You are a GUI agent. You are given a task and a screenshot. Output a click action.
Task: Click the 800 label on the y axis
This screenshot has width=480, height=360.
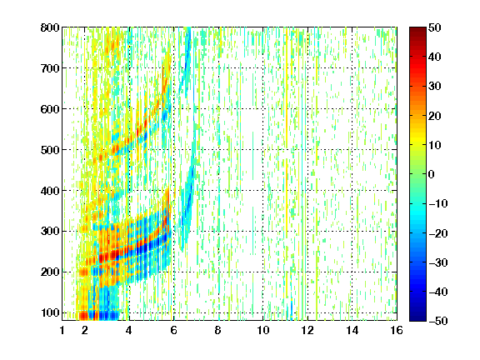(x=50, y=27)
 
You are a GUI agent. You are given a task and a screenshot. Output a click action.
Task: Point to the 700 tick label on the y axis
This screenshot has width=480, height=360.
(x=50, y=68)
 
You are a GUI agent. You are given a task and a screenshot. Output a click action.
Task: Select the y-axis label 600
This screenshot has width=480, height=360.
(x=50, y=109)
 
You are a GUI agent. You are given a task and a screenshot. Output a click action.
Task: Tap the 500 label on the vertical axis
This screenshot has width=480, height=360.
(x=50, y=150)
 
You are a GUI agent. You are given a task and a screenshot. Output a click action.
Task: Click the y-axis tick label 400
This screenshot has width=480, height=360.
(x=50, y=191)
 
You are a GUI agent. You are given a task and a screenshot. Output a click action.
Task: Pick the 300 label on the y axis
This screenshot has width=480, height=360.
(x=50, y=231)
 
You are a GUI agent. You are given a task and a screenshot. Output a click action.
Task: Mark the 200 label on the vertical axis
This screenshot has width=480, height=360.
(x=50, y=272)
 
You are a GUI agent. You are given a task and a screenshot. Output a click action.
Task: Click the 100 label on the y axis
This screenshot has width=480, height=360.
(x=50, y=312)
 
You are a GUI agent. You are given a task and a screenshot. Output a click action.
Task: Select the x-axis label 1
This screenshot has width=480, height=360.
(x=62, y=330)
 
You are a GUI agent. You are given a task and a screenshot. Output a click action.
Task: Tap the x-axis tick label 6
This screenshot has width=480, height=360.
(x=174, y=330)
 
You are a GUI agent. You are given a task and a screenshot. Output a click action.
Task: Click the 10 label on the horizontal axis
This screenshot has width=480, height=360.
(x=263, y=330)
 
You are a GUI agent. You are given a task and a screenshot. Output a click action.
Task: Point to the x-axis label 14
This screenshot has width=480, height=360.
(x=352, y=330)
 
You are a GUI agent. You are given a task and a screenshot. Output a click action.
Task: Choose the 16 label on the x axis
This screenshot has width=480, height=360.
(x=397, y=330)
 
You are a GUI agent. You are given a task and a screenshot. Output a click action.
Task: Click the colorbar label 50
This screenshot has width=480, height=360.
(x=435, y=27)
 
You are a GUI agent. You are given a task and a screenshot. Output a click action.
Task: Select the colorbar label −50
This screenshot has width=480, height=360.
(x=438, y=321)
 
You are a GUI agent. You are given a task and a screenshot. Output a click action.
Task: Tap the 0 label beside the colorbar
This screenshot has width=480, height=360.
(x=432, y=174)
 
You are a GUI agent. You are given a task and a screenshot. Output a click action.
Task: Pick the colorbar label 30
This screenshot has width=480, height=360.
(x=435, y=87)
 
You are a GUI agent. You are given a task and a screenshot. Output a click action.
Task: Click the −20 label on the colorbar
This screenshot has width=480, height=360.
(x=438, y=233)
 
